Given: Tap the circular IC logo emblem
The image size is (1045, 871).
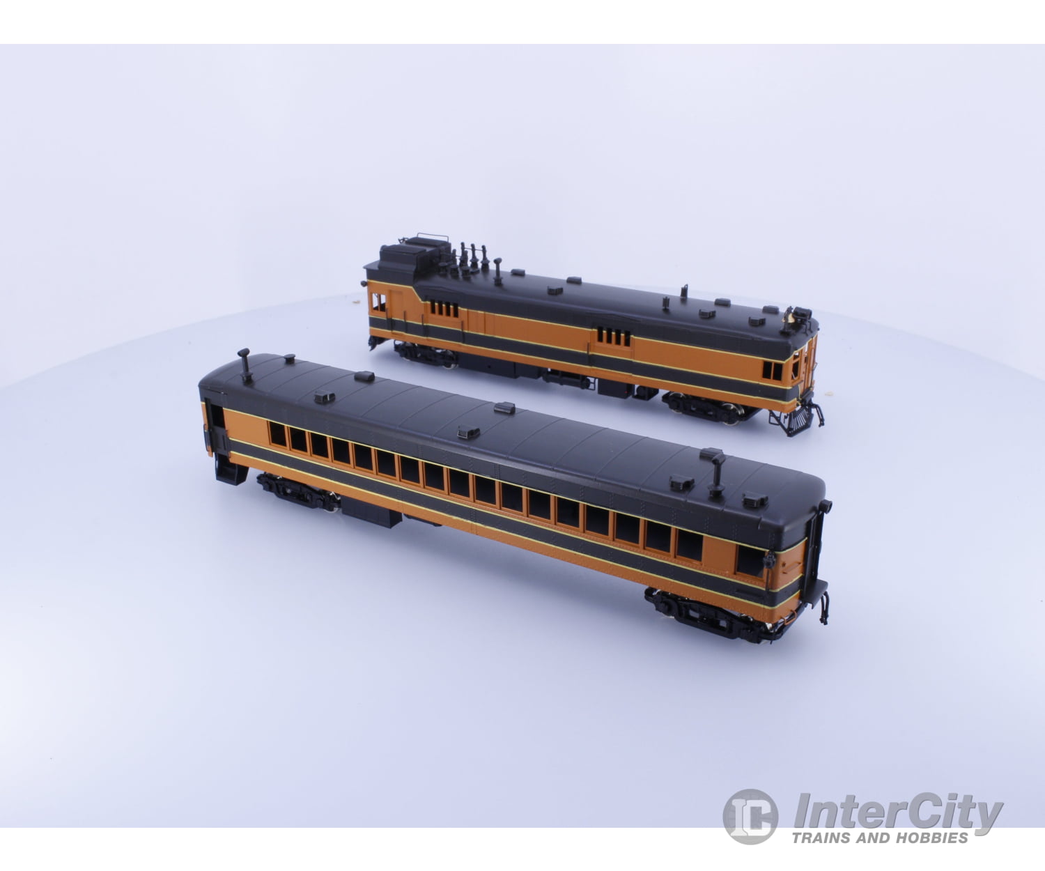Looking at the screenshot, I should (x=750, y=815).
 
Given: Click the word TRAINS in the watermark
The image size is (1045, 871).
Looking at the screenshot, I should (x=826, y=838).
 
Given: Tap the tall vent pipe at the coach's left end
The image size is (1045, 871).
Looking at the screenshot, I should (x=245, y=364).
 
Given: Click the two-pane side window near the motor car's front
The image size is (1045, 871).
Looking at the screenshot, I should (x=773, y=371).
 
